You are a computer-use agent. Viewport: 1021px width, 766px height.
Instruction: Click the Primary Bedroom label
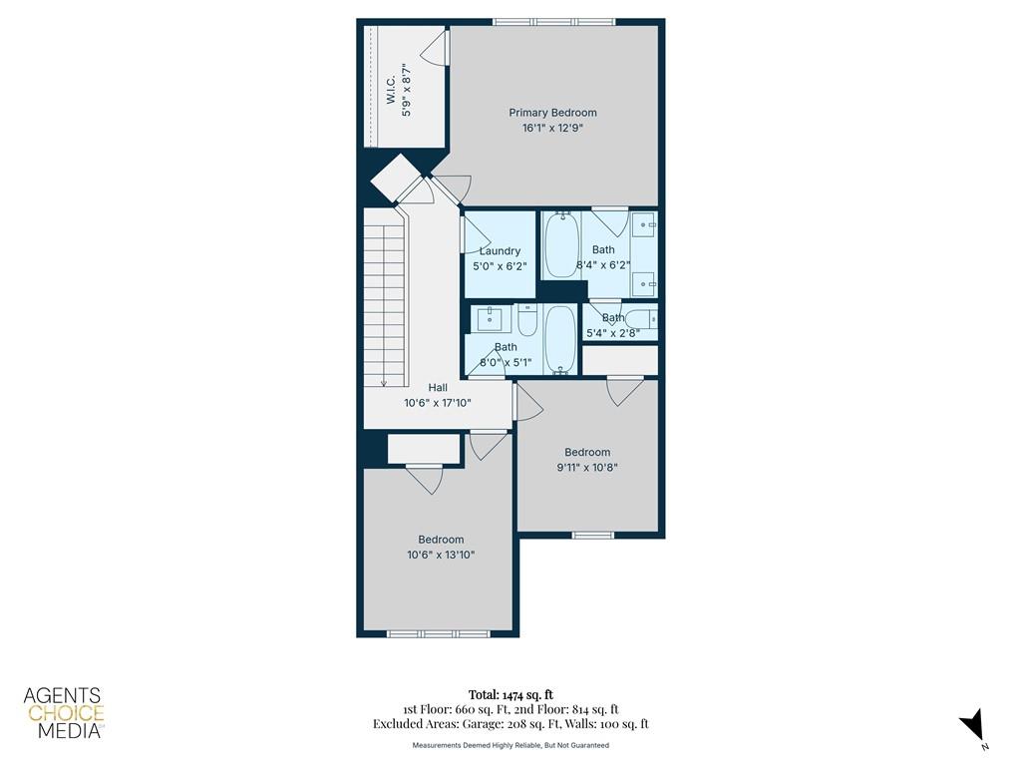(552, 113)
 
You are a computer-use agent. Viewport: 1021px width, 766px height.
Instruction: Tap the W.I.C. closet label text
(391, 91)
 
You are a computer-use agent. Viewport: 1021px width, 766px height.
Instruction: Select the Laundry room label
(500, 251)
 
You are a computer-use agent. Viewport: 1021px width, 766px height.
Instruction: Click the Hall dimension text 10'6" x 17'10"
(437, 403)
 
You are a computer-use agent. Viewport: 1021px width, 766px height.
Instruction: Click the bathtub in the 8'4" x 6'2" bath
(560, 245)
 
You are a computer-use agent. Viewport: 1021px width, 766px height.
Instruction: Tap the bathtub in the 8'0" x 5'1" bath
(560, 339)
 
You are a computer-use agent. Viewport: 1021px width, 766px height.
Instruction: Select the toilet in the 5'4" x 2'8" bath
(645, 319)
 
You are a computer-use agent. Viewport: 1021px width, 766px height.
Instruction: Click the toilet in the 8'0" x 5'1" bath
(527, 319)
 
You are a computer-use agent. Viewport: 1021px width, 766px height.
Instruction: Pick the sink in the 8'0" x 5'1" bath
(491, 319)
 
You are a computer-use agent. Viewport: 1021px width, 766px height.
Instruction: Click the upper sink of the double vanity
(644, 223)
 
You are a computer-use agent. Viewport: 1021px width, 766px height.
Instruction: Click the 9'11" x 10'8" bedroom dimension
(586, 467)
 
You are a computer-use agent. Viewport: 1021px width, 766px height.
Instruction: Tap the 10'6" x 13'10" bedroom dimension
(441, 555)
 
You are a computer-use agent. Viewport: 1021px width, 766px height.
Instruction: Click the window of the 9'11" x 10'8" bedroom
(591, 535)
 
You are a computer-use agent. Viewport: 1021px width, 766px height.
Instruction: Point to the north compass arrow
(973, 725)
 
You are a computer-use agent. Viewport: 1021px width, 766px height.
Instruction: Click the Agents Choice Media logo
(64, 713)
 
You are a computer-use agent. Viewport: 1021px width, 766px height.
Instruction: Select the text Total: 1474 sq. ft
(510, 694)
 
